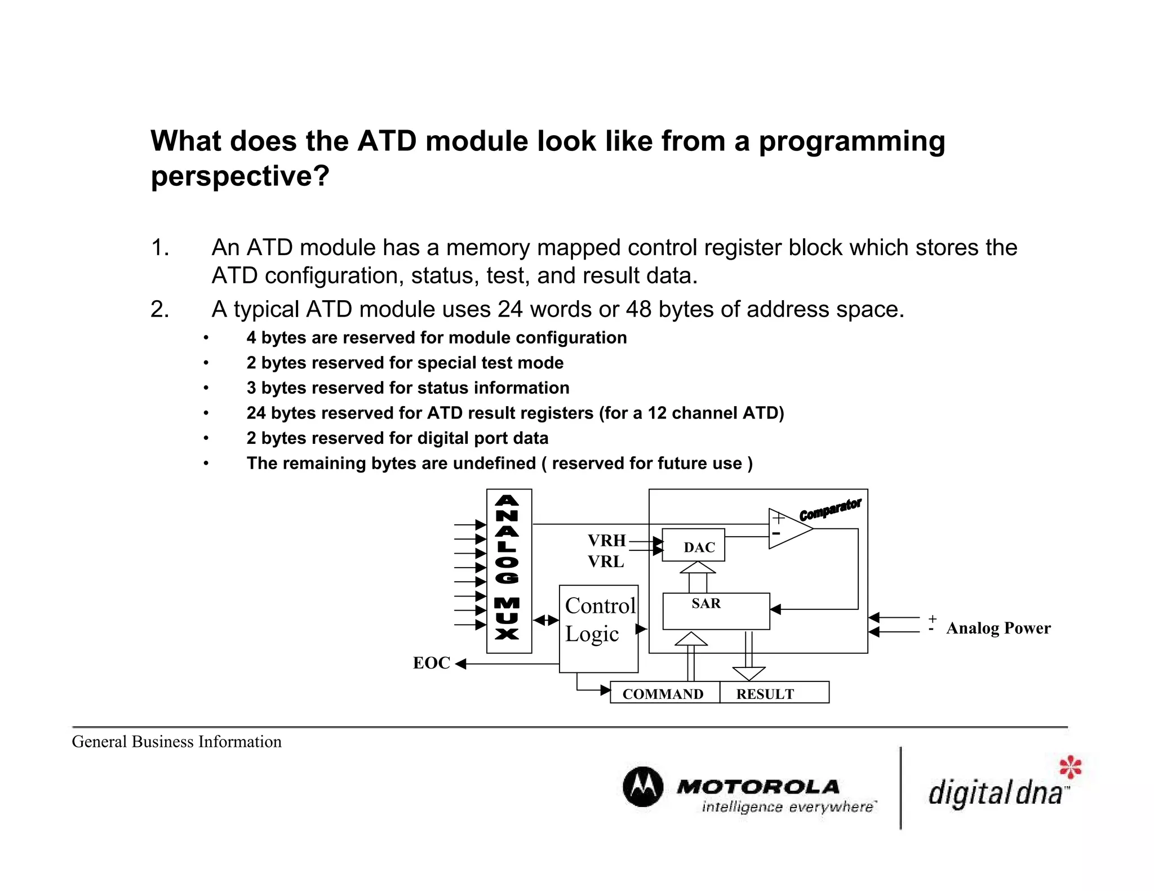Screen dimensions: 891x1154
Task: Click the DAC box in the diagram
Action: (693, 545)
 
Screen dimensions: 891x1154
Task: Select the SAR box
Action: (716, 611)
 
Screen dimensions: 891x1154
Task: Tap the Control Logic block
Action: (598, 629)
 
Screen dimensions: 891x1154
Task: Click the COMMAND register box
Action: (664, 693)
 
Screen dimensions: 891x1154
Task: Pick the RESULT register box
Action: (773, 693)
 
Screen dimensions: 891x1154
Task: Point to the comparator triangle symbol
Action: (788, 528)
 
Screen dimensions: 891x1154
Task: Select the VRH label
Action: (606, 541)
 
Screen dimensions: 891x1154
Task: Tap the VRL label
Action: (606, 562)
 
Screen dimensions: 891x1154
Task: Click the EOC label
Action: (431, 663)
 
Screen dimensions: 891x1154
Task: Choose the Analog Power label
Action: (998, 628)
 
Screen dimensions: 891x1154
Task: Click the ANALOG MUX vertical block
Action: (508, 570)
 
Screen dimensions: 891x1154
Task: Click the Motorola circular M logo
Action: (643, 786)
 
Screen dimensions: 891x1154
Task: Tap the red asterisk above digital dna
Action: (1070, 767)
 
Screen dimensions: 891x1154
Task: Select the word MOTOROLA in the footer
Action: (758, 786)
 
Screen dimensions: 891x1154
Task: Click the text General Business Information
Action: (176, 742)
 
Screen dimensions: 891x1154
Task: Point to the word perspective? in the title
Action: (240, 176)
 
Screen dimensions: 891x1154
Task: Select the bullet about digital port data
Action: (397, 438)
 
